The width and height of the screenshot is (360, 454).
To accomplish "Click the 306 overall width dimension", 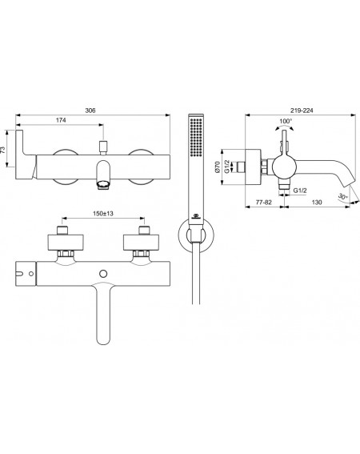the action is click(90, 110).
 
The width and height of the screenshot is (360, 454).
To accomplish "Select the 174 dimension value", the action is click(61, 120).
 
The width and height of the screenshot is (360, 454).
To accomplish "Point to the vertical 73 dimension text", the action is click(3, 150).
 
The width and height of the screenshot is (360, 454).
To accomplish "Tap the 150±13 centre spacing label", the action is click(103, 214).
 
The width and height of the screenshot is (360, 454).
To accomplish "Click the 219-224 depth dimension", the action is click(302, 110).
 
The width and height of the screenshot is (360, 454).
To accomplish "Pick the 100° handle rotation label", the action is click(286, 121).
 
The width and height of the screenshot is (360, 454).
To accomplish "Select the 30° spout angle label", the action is click(343, 197).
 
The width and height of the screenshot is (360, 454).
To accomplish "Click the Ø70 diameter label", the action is click(218, 167).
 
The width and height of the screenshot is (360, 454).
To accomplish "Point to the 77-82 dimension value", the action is click(264, 202).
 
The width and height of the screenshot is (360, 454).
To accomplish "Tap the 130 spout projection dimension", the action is click(317, 202).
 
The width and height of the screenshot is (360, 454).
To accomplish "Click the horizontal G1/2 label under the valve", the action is click(300, 191).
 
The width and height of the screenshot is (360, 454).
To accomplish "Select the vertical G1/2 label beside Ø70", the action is click(227, 167).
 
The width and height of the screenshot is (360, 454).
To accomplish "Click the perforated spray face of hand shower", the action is click(196, 137).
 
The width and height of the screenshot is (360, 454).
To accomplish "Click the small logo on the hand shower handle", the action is click(195, 216).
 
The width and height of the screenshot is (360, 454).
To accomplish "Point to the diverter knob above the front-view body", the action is click(103, 147).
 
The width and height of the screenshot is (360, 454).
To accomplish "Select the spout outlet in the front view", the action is click(103, 184).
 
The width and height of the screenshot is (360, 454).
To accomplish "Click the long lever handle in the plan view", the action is click(103, 314).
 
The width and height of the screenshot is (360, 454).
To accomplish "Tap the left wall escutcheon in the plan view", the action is click(66, 242).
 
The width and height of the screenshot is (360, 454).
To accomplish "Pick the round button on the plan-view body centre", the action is click(103, 274).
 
